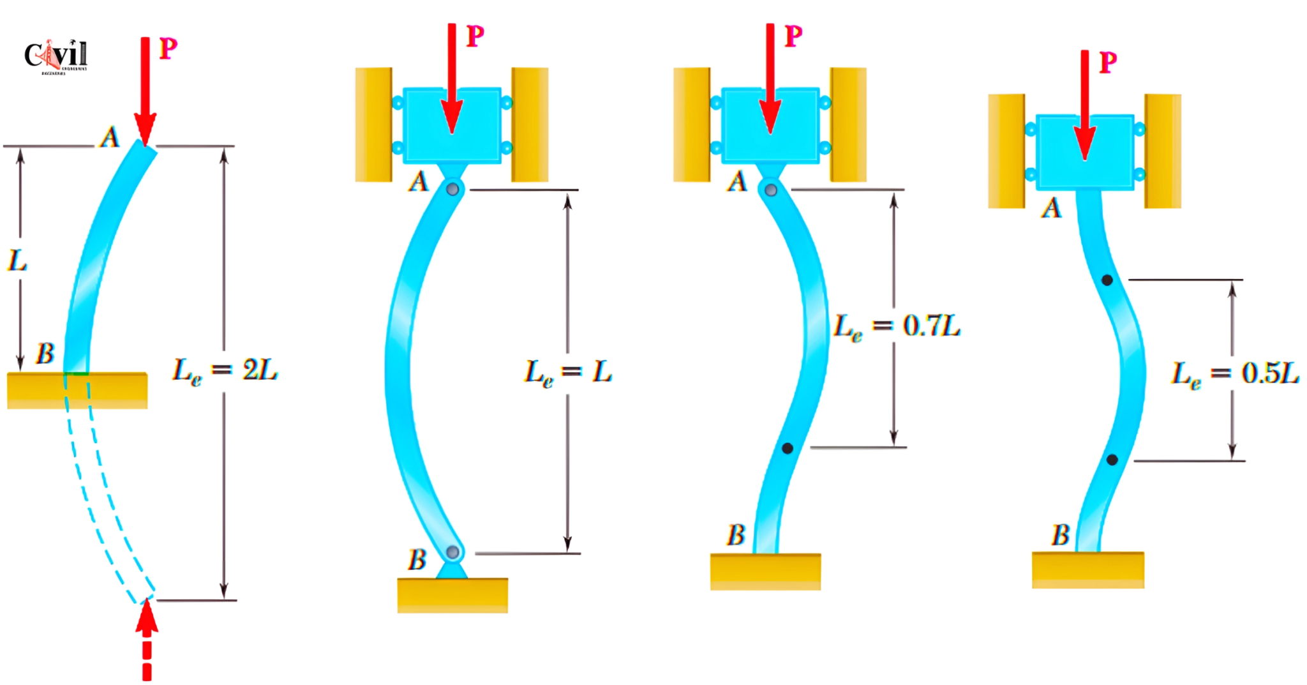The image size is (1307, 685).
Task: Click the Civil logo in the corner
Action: tap(56, 56)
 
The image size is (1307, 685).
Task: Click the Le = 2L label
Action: tap(225, 371)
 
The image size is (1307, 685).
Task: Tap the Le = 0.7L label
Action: tap(897, 326)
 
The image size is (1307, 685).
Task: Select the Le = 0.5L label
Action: tap(1234, 373)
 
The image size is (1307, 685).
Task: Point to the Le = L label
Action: tap(568, 372)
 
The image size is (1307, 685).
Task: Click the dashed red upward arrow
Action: tap(147, 638)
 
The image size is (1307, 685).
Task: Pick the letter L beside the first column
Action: tap(17, 260)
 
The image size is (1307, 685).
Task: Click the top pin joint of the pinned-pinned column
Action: tap(452, 189)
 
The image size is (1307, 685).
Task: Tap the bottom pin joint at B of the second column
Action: tap(452, 552)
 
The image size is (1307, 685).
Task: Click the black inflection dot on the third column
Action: tap(788, 449)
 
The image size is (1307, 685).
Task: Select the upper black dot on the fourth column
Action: tap(1107, 280)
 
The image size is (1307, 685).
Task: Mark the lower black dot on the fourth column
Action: tap(1112, 460)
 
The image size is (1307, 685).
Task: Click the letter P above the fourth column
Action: tap(1108, 63)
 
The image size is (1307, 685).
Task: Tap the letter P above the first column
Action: tap(168, 49)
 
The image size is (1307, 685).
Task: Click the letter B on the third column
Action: tap(736, 535)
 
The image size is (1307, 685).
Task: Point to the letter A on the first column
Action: tap(110, 137)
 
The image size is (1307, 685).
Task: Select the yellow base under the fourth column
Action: tap(1087, 569)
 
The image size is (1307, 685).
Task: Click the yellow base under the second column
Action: tap(452, 595)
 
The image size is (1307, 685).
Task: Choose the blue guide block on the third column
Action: tap(770, 126)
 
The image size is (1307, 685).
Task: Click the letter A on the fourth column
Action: tap(1051, 208)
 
